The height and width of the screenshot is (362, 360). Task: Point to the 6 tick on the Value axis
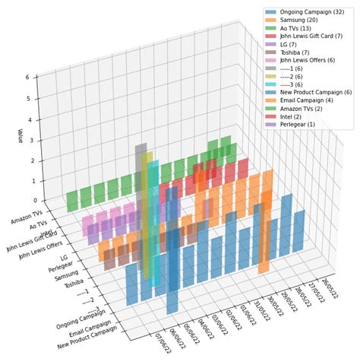tap(26, 78)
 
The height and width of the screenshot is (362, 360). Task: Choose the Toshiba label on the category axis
tap(74, 283)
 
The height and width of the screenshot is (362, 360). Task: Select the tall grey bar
tap(141, 175)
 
